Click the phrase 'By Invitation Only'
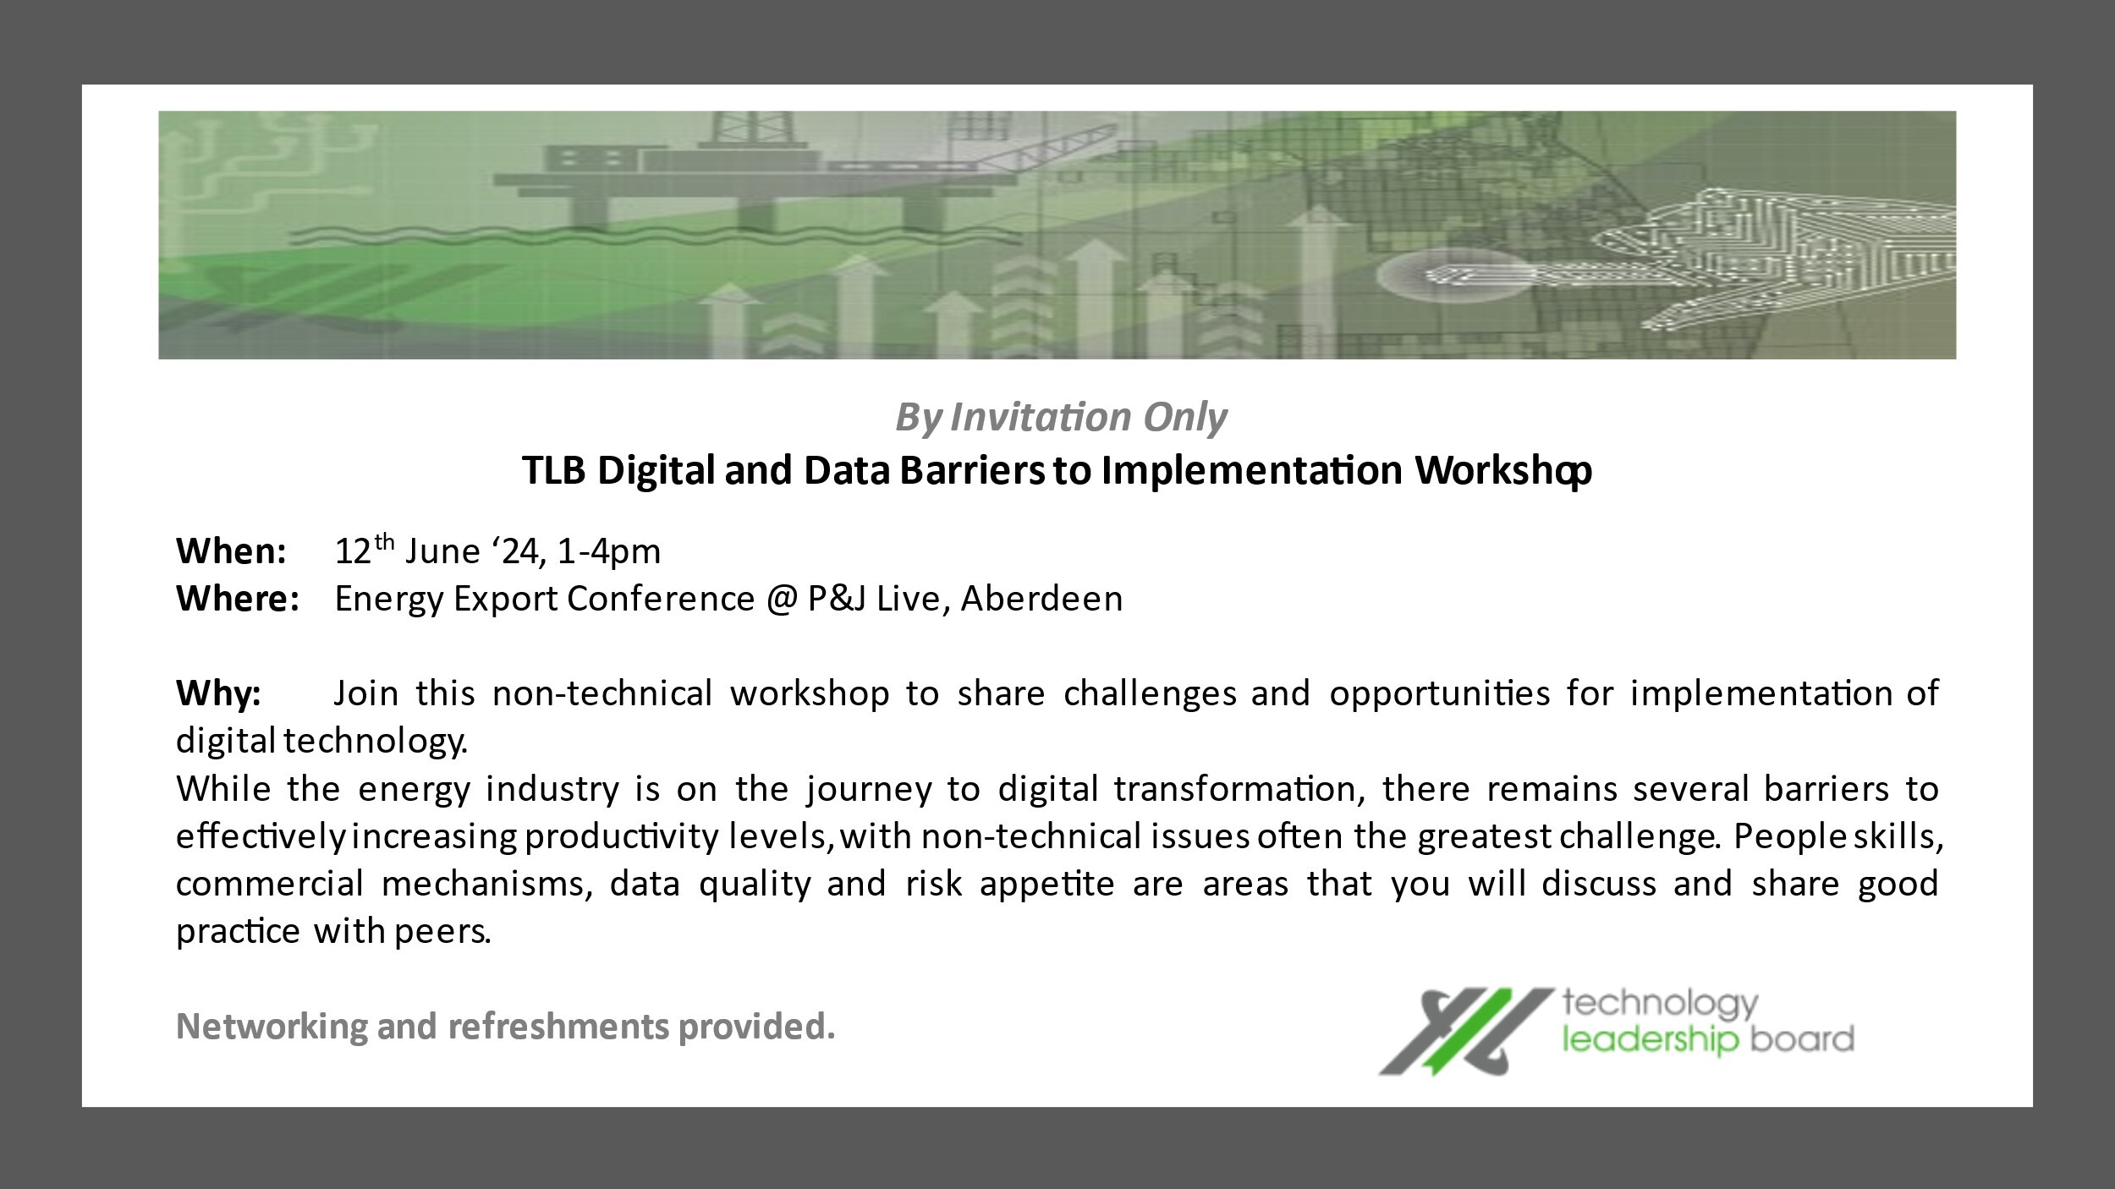[x=1061, y=418]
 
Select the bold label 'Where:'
[x=238, y=599]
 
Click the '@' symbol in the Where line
[x=781, y=600]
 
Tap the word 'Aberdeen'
[x=1042, y=599]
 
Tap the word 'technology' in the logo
[x=1659, y=1005]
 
